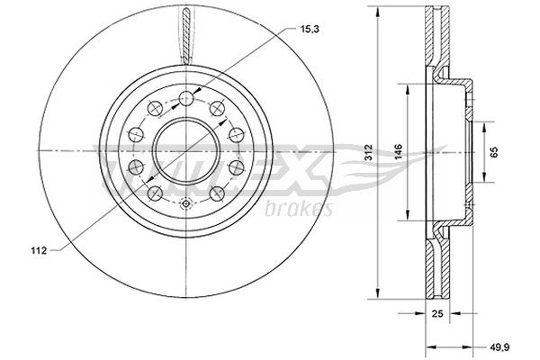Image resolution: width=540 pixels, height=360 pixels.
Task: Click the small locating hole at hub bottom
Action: click(x=184, y=202)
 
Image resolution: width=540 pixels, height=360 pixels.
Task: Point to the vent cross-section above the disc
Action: click(x=184, y=36)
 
